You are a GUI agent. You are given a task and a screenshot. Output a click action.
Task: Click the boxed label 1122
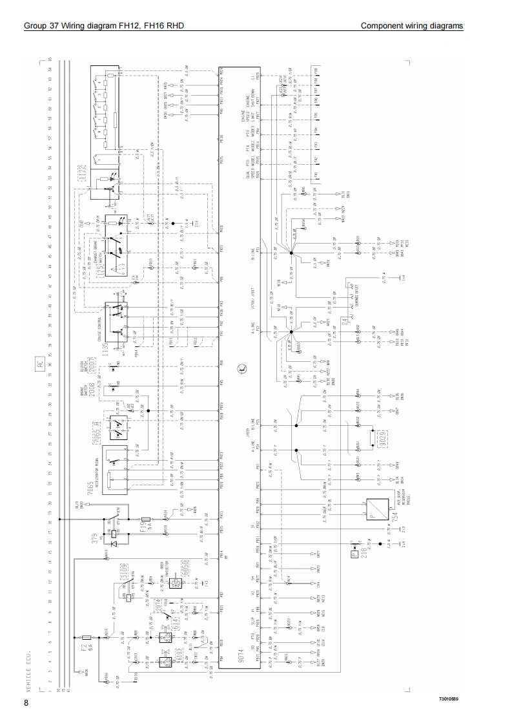coord(81,171)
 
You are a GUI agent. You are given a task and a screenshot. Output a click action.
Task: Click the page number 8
coord(26,702)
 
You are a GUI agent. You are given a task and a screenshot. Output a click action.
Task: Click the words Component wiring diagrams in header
coord(411,26)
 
